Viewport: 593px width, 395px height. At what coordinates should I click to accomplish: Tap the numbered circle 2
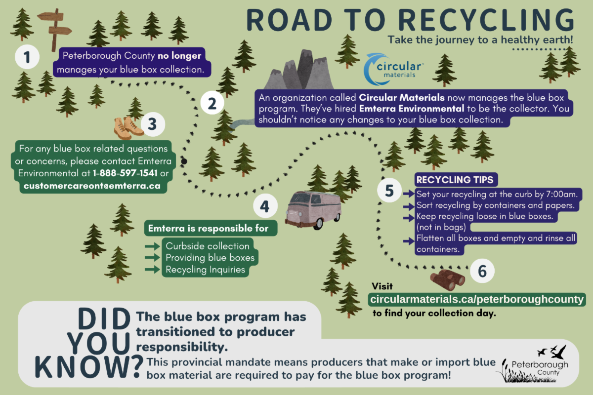click(x=212, y=104)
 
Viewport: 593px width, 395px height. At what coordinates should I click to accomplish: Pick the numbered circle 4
click(x=265, y=207)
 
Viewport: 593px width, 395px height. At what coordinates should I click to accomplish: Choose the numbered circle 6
click(x=482, y=271)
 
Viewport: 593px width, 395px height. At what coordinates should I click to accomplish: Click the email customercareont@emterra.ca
click(x=90, y=187)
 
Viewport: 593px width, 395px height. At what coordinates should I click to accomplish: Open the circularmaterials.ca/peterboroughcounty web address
click(x=477, y=299)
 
